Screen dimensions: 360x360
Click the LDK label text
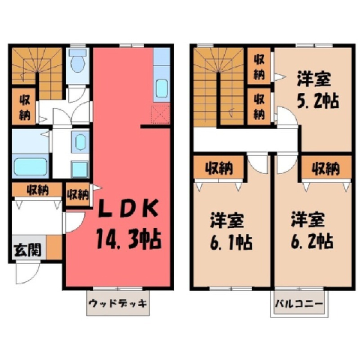128,208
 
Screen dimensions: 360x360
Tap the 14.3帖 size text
128,239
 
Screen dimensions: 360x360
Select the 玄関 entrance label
28,250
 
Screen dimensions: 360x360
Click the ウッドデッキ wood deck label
118,303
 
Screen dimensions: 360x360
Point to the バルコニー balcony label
299,304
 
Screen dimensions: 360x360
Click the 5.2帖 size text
318,100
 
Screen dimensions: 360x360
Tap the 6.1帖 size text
231,242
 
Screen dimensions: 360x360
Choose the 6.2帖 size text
312,241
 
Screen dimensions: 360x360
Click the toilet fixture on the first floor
78,60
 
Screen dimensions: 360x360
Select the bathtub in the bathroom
31,166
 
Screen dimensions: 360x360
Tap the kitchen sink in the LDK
162,88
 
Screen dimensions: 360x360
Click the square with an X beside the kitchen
161,115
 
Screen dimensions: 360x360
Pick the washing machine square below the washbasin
79,169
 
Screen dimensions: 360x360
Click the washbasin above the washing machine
80,142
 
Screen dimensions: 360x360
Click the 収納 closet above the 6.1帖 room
219,167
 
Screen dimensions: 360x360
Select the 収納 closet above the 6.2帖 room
326,167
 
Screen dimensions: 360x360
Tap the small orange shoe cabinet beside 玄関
54,247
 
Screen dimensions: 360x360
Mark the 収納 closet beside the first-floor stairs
24,107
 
